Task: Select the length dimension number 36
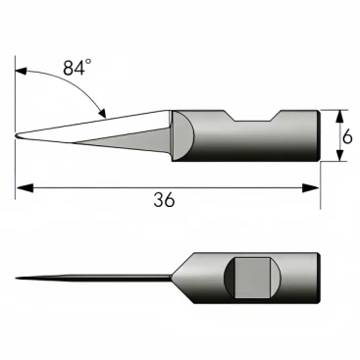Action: pyautogui.click(x=164, y=200)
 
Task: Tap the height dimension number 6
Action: pyautogui.click(x=347, y=137)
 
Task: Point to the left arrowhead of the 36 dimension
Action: pyautogui.click(x=25, y=188)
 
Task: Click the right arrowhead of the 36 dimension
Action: pyautogui.click(x=310, y=188)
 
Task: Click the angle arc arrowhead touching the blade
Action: pyautogui.click(x=102, y=112)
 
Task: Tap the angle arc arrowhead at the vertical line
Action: pyautogui.click(x=22, y=72)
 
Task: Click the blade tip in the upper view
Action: pyautogui.click(x=16, y=136)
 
